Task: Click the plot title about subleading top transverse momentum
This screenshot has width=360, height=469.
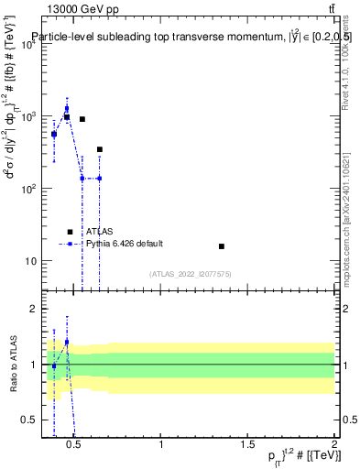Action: pos(191,37)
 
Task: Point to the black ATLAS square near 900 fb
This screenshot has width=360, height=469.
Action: pos(82,119)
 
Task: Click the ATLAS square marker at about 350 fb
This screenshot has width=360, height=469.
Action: pos(99,149)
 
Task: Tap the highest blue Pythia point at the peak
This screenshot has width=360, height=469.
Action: pos(67,108)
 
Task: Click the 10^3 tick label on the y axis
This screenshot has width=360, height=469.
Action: pos(27,117)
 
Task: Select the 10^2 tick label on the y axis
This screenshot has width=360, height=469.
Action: pos(27,189)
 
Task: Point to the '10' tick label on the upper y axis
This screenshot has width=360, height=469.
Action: pos(30,261)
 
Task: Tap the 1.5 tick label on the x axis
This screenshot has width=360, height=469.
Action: pos(248,446)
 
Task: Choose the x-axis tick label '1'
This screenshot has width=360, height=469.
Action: pos(162,446)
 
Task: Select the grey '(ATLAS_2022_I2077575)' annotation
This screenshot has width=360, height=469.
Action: pos(191,274)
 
